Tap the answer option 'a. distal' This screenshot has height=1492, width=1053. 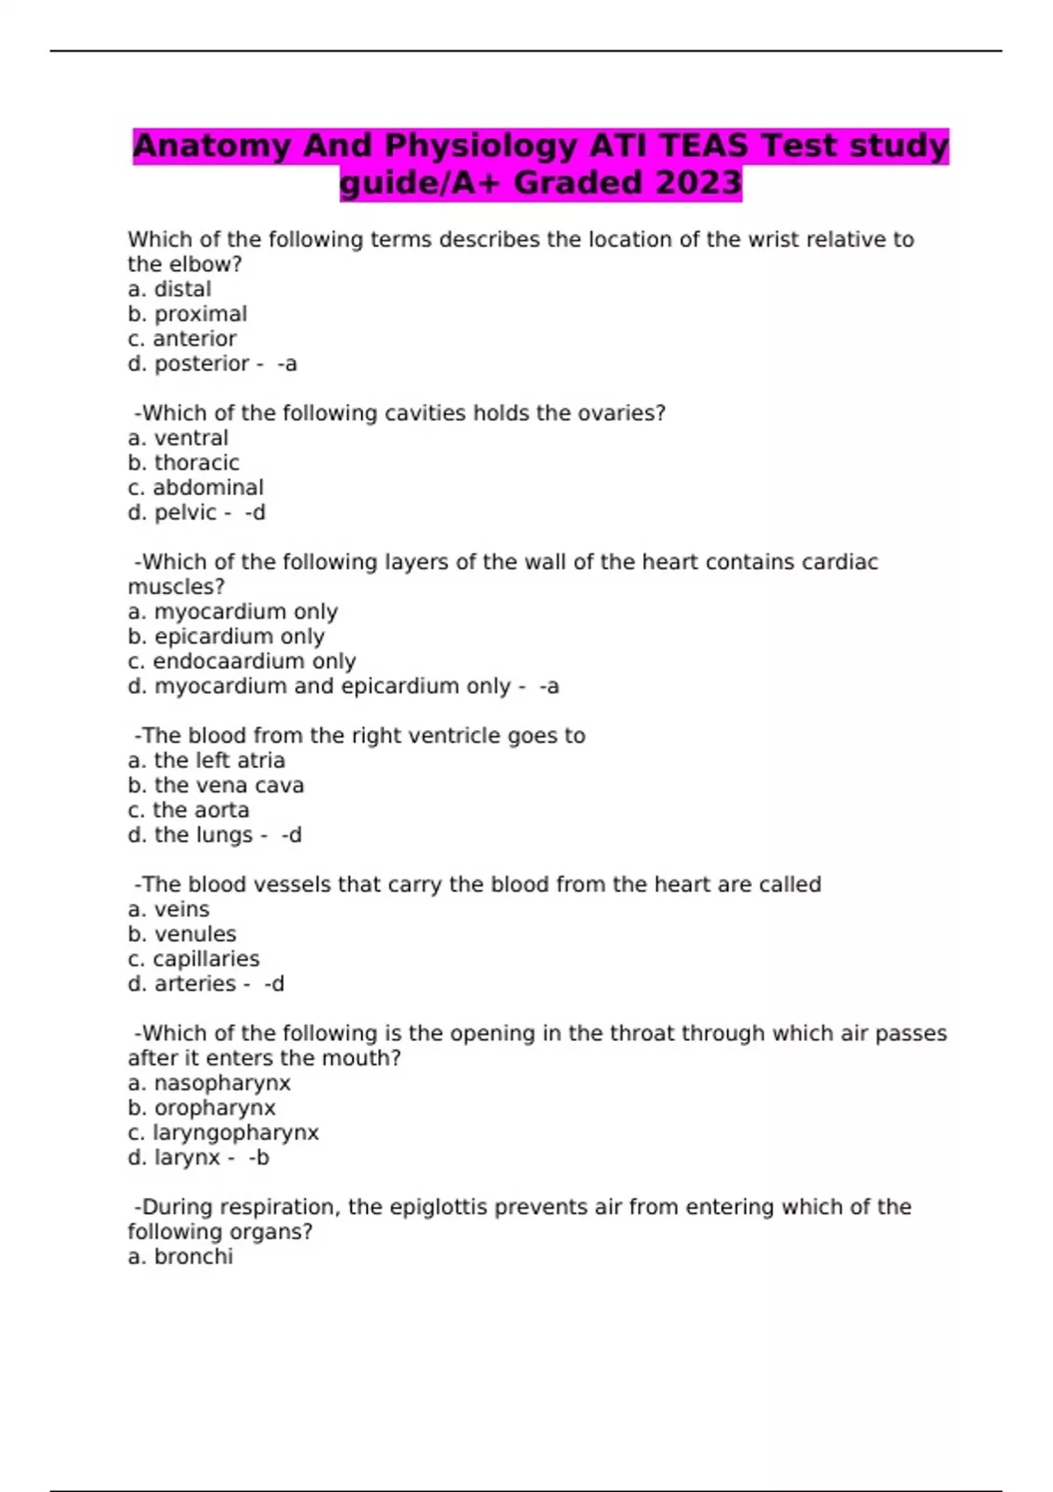click(x=169, y=290)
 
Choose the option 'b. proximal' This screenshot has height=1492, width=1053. click(x=187, y=314)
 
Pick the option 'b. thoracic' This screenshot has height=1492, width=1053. click(x=183, y=463)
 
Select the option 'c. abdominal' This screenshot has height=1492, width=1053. click(x=195, y=488)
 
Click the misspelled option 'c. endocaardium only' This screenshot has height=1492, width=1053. click(x=241, y=662)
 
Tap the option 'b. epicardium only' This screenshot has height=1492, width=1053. click(x=226, y=636)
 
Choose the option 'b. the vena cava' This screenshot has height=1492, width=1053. click(x=216, y=785)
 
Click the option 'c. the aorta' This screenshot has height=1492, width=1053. click(x=189, y=810)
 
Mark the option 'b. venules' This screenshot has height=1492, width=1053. click(x=182, y=935)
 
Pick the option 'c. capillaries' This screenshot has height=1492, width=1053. click(x=193, y=959)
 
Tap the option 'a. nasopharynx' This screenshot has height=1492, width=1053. click(x=209, y=1083)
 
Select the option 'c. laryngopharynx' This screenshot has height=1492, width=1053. click(x=223, y=1133)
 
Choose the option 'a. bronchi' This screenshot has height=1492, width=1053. click(x=180, y=1257)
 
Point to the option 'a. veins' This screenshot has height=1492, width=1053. click(x=168, y=909)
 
